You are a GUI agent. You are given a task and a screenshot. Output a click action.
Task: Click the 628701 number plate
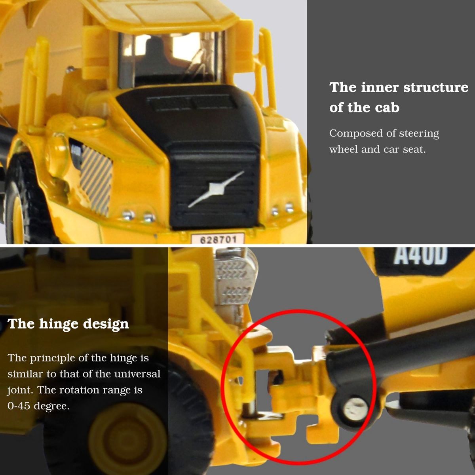218,239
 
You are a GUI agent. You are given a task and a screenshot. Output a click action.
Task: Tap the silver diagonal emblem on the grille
217,188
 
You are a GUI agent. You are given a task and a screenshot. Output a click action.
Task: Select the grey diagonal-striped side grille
96,180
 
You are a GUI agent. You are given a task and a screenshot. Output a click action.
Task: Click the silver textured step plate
235,279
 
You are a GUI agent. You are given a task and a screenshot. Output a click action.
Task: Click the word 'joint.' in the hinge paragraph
20,390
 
